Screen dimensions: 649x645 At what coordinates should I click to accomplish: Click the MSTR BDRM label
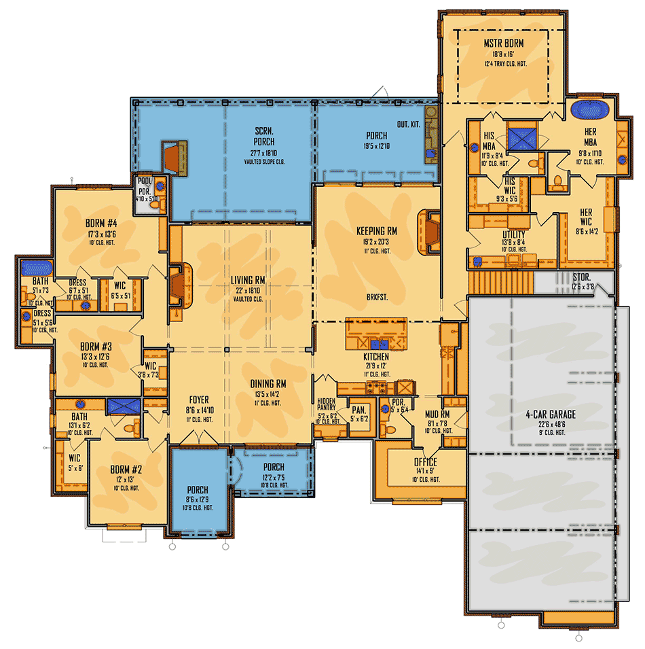(x=504, y=43)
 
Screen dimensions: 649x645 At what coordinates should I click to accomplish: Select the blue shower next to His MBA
(x=523, y=138)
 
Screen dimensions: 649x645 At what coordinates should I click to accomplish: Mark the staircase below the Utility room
(x=501, y=281)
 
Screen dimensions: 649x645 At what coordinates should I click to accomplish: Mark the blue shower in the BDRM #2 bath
(x=123, y=406)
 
